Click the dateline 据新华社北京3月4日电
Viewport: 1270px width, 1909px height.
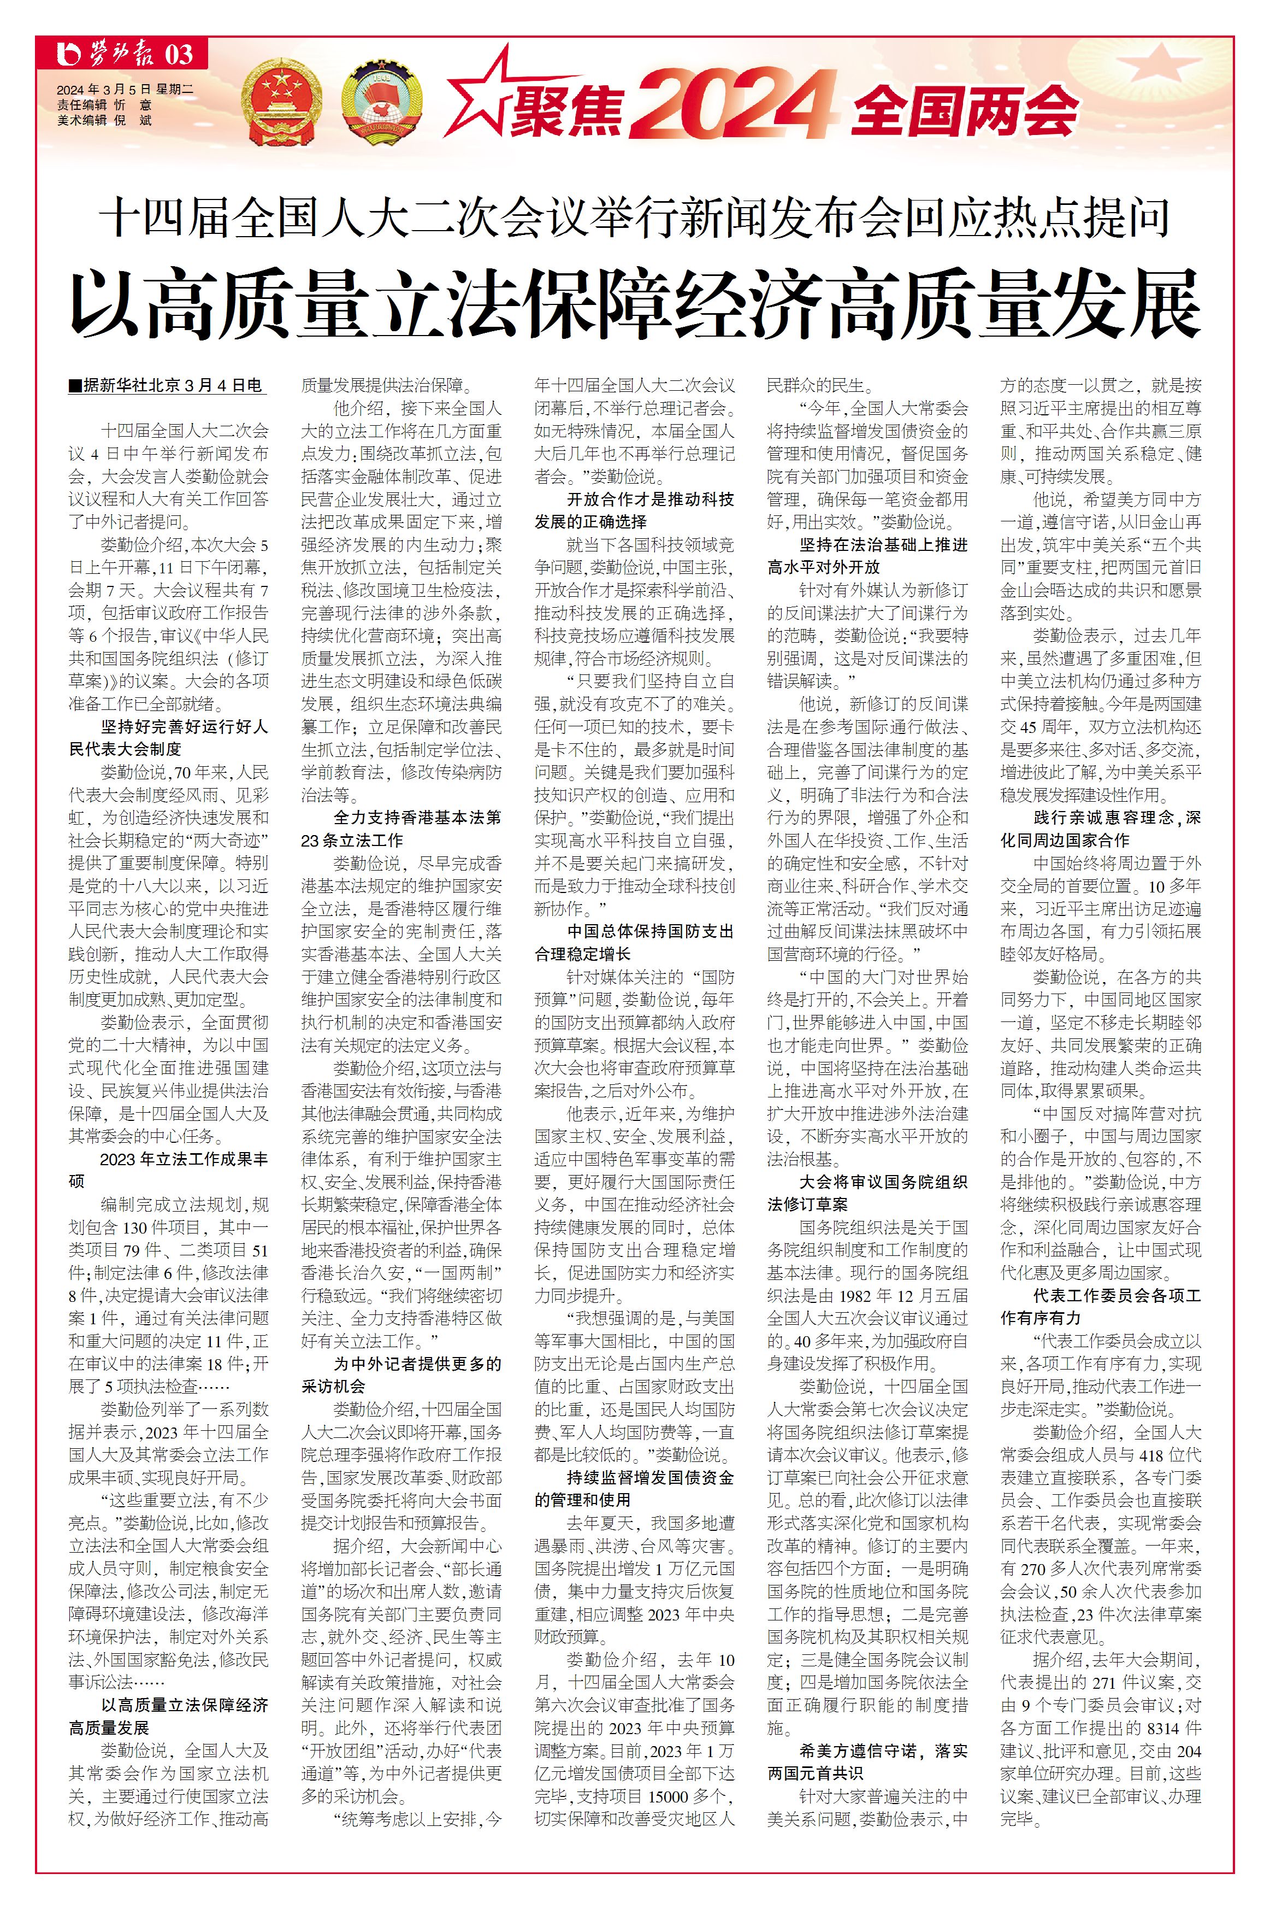168,386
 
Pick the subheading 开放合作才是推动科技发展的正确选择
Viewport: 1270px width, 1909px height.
634,510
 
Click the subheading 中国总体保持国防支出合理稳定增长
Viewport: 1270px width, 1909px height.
634,942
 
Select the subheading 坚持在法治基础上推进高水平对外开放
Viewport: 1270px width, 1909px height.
867,556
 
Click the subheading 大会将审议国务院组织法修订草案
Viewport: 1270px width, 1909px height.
867,1193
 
